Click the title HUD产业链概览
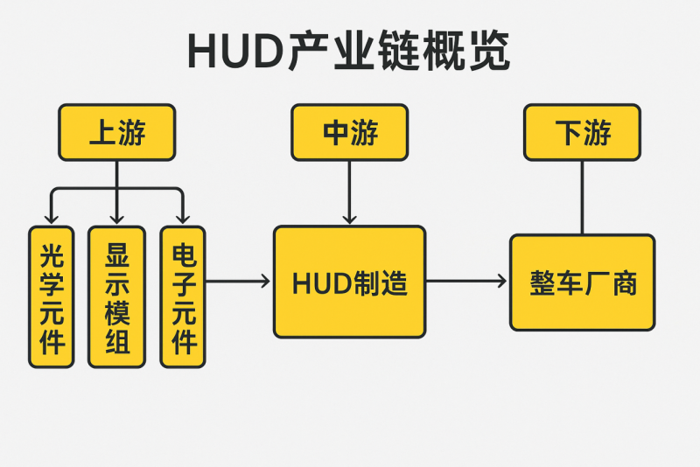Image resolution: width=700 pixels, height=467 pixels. coord(348,52)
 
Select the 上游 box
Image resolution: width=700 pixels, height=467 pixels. coord(116,132)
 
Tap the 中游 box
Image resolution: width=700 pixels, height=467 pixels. coord(349,132)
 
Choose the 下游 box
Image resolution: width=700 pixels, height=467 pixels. coord(582,132)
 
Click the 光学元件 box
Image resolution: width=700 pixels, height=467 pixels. coord(52,296)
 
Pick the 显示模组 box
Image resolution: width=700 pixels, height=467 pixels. coord(116,296)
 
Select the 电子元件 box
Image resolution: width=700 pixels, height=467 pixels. coord(183,296)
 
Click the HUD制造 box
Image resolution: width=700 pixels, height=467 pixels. coord(349,282)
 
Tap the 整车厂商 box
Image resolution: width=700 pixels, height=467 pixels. coord(582,282)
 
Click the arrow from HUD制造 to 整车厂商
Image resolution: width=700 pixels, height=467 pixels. coord(466,281)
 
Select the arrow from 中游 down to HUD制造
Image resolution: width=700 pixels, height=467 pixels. coord(349,192)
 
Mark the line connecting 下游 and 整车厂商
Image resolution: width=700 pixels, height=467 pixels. coord(582,197)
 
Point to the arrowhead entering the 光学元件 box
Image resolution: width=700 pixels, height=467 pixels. coord(52,218)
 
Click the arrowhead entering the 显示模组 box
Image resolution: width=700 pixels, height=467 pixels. coord(116,218)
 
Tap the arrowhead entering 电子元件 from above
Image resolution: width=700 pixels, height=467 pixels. coord(183,218)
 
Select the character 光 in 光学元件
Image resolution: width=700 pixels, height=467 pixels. coord(52,257)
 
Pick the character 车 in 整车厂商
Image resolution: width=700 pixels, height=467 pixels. coord(570,282)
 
